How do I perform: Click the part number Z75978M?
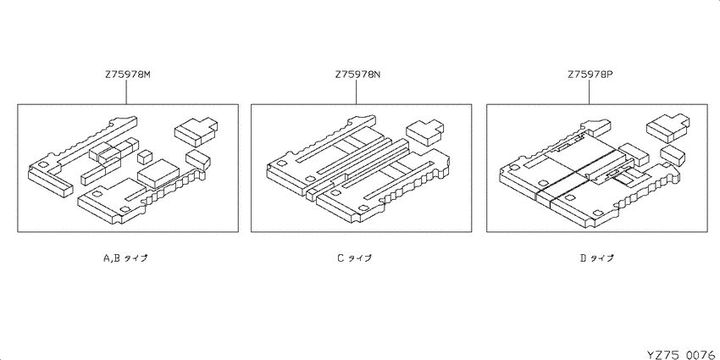pos(128,75)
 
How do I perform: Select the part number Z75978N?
pos(357,75)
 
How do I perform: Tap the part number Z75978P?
pos(590,75)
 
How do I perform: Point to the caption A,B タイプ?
pos(125,258)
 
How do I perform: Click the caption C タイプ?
pos(354,258)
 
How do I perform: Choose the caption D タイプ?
pos(596,258)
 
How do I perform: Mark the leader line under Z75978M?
pos(126,91)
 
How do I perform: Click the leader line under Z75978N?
pos(357,91)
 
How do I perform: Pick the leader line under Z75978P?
pos(590,91)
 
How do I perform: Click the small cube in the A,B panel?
pos(145,156)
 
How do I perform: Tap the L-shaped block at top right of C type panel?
pos(424,131)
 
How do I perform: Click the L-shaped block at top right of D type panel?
pos(668,126)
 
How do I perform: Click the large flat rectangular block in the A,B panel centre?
pos(158,174)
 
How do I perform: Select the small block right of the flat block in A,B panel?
pos(198,159)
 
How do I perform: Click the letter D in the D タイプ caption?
pos(583,258)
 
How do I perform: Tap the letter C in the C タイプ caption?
pos(341,258)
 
